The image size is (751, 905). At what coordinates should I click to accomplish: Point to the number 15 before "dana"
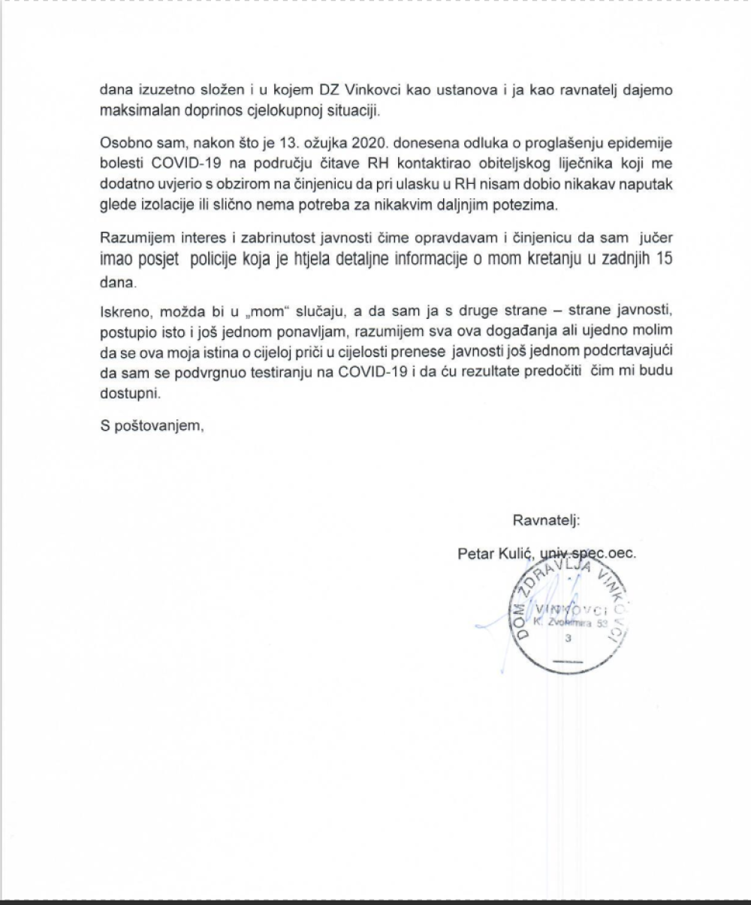coord(663,260)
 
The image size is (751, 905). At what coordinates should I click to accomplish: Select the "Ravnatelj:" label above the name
coord(547,520)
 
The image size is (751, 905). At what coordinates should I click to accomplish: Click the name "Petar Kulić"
coord(496,554)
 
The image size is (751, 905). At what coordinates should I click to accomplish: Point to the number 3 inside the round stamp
coord(568,639)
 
